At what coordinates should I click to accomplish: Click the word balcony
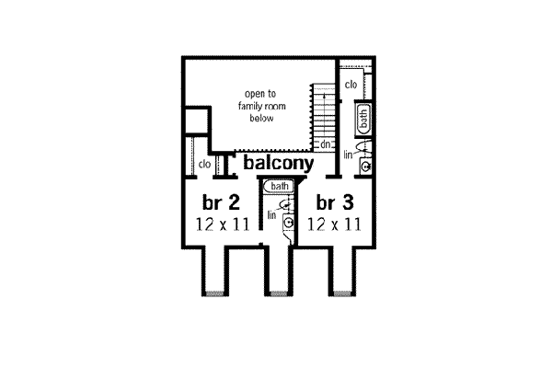[279, 163]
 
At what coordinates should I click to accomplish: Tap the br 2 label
[221, 202]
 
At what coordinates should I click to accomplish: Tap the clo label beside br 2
[205, 165]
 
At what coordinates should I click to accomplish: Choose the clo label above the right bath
[351, 86]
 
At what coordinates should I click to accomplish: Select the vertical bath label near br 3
[364, 118]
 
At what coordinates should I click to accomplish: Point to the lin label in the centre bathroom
[272, 214]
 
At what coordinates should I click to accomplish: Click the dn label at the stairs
[326, 145]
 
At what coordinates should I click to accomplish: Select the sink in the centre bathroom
[289, 222]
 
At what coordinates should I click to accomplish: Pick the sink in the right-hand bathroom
[364, 167]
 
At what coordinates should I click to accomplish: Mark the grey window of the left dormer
[213, 293]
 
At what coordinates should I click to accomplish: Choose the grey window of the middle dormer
[278, 293]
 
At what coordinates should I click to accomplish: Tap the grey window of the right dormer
[342, 293]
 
